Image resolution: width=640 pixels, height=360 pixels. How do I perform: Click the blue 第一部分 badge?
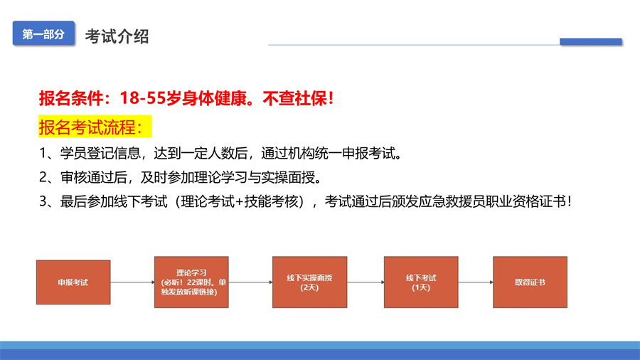pos(43,33)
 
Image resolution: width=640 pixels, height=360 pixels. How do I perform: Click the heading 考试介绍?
pos(117,36)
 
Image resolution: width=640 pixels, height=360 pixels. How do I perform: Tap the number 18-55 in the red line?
pos(142,98)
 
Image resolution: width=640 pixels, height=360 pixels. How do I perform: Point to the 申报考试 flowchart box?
pos(73,282)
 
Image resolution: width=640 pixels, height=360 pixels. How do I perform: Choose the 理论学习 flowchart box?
pos(191,282)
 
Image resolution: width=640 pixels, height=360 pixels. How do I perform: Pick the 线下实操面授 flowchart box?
pos(310,282)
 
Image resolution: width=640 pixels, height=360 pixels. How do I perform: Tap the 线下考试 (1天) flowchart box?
pos(421,282)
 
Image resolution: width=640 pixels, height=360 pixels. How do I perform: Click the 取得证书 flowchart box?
pos(530,282)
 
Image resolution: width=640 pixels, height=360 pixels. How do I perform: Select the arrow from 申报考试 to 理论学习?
pos(133,282)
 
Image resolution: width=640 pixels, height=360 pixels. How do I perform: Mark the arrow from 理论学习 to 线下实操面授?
pos(250,282)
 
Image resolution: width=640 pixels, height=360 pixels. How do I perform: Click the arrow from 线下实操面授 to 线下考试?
pos(366,282)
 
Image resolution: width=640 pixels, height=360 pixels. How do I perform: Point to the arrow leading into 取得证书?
pos(476,282)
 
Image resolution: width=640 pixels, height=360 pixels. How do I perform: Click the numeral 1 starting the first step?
pos(43,154)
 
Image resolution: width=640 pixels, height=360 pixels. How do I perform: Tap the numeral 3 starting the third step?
pos(43,201)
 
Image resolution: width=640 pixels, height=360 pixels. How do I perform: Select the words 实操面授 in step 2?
pos(288,178)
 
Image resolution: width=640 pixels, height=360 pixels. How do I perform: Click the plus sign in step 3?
pos(239,201)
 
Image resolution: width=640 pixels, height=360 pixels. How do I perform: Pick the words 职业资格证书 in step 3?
pos(526,201)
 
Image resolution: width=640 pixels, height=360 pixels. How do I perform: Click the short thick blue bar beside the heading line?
pos(591,41)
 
